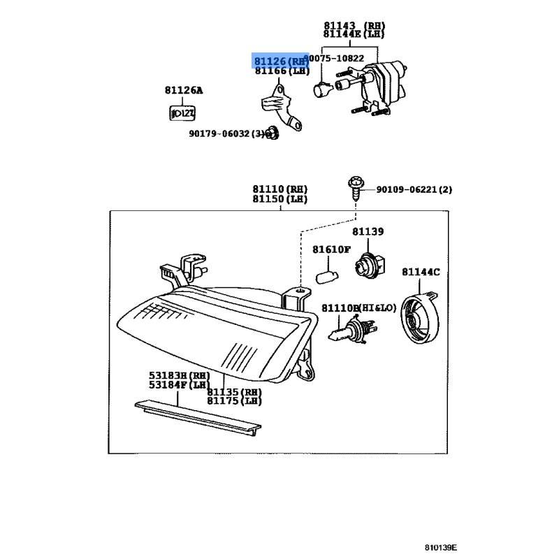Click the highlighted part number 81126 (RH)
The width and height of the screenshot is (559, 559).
coord(280,61)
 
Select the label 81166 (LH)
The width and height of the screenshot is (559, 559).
coord(280,71)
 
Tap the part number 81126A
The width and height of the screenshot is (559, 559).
coord(184,91)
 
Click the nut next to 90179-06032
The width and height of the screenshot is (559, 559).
coord(271,134)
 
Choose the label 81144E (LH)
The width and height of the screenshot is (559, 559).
coord(354,34)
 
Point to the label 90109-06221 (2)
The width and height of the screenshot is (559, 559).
coord(414,189)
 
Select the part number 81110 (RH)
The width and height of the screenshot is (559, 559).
coord(279,189)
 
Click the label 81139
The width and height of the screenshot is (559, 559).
coord(368,231)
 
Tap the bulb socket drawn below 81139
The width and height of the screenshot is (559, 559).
coord(367,265)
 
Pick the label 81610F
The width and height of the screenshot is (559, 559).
coord(331,249)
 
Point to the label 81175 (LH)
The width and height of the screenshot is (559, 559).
coord(234,401)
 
